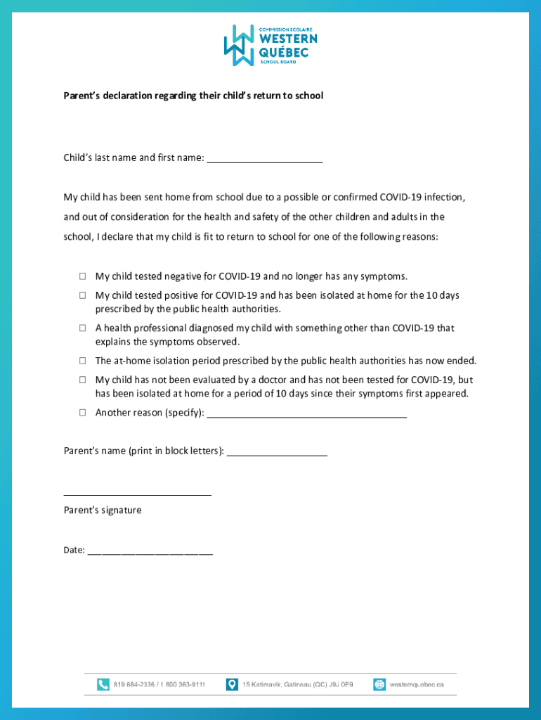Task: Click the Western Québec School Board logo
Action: (x=270, y=45)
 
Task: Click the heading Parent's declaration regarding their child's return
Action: (x=193, y=95)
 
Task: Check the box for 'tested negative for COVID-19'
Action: (x=82, y=276)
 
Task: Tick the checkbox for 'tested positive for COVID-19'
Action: (x=82, y=295)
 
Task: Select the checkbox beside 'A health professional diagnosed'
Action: (x=82, y=328)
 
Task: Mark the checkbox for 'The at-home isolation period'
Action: (x=82, y=361)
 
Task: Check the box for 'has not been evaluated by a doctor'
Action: (x=82, y=380)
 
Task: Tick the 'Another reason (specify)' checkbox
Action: (x=82, y=413)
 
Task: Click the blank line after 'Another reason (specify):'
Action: (x=307, y=414)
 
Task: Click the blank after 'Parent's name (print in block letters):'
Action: (x=277, y=452)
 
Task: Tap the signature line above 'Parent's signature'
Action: (x=137, y=494)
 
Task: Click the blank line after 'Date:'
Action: (x=150, y=552)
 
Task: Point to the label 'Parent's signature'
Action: (x=103, y=510)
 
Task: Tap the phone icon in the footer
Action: (x=103, y=684)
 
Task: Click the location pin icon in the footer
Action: (x=232, y=684)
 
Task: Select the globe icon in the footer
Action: (x=379, y=684)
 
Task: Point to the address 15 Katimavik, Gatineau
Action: (x=297, y=684)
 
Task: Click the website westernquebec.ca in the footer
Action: (x=417, y=684)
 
